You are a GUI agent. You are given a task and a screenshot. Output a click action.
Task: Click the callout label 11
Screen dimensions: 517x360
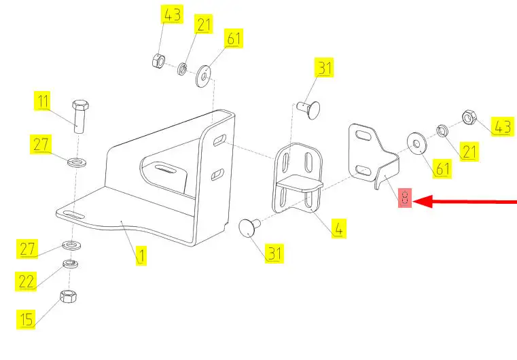pyautogui.click(x=43, y=101)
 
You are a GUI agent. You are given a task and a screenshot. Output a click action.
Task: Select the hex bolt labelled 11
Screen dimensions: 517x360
pyautogui.click(x=80, y=115)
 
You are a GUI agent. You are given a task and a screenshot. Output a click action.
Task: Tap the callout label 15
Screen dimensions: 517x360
pyautogui.click(x=26, y=319)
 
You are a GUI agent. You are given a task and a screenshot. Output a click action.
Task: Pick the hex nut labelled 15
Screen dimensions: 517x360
pyautogui.click(x=68, y=296)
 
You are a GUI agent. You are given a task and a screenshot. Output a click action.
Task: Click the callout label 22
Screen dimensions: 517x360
pyautogui.click(x=26, y=281)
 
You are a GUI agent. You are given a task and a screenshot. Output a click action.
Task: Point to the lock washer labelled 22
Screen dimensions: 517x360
pyautogui.click(x=70, y=264)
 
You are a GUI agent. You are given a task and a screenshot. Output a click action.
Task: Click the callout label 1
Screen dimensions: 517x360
pyautogui.click(x=141, y=255)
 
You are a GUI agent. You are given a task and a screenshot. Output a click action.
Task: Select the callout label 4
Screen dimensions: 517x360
pyautogui.click(x=339, y=228)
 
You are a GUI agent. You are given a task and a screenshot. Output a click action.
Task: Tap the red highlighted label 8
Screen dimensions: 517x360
pyautogui.click(x=405, y=198)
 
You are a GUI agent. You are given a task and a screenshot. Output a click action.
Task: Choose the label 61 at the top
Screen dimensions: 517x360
pyautogui.click(x=234, y=38)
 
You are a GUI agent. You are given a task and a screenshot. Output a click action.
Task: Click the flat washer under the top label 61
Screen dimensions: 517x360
pyautogui.click(x=204, y=76)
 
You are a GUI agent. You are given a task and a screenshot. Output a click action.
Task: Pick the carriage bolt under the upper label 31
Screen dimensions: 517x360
pyautogui.click(x=308, y=109)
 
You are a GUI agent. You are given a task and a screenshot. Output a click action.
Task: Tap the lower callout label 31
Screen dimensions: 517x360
pyautogui.click(x=274, y=253)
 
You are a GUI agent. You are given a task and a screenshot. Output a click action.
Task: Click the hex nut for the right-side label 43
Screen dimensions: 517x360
pyautogui.click(x=467, y=118)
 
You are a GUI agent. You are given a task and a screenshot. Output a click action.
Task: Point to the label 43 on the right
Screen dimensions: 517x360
pyautogui.click(x=503, y=126)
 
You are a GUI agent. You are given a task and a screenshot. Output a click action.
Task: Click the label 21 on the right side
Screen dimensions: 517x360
pyautogui.click(x=469, y=151)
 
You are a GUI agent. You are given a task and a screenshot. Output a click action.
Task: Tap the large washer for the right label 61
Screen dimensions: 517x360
pyautogui.click(x=416, y=143)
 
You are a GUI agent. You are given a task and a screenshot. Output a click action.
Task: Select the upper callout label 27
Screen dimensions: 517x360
pyautogui.click(x=41, y=144)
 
